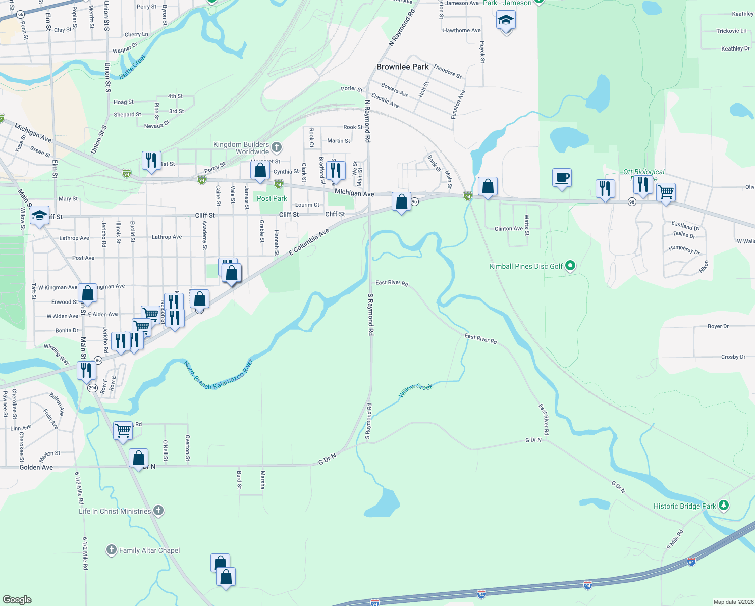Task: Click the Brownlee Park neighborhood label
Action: point(402,67)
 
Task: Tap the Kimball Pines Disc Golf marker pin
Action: point(570,265)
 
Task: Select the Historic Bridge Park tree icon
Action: point(723,505)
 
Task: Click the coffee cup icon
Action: point(562,178)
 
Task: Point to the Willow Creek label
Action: point(416,390)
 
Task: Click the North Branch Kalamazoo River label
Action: point(218,376)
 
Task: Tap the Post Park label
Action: point(272,198)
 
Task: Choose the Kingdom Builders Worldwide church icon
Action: point(276,147)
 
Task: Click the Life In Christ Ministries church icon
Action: point(158,511)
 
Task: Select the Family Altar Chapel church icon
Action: point(112,550)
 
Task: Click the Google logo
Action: point(17,599)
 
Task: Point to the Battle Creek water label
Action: point(133,66)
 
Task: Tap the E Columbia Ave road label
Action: point(309,242)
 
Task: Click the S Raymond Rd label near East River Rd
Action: point(370,315)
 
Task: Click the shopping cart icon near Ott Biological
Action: point(666,192)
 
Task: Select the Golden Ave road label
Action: point(36,467)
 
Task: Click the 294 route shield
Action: point(92,388)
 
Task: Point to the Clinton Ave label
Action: point(509,229)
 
